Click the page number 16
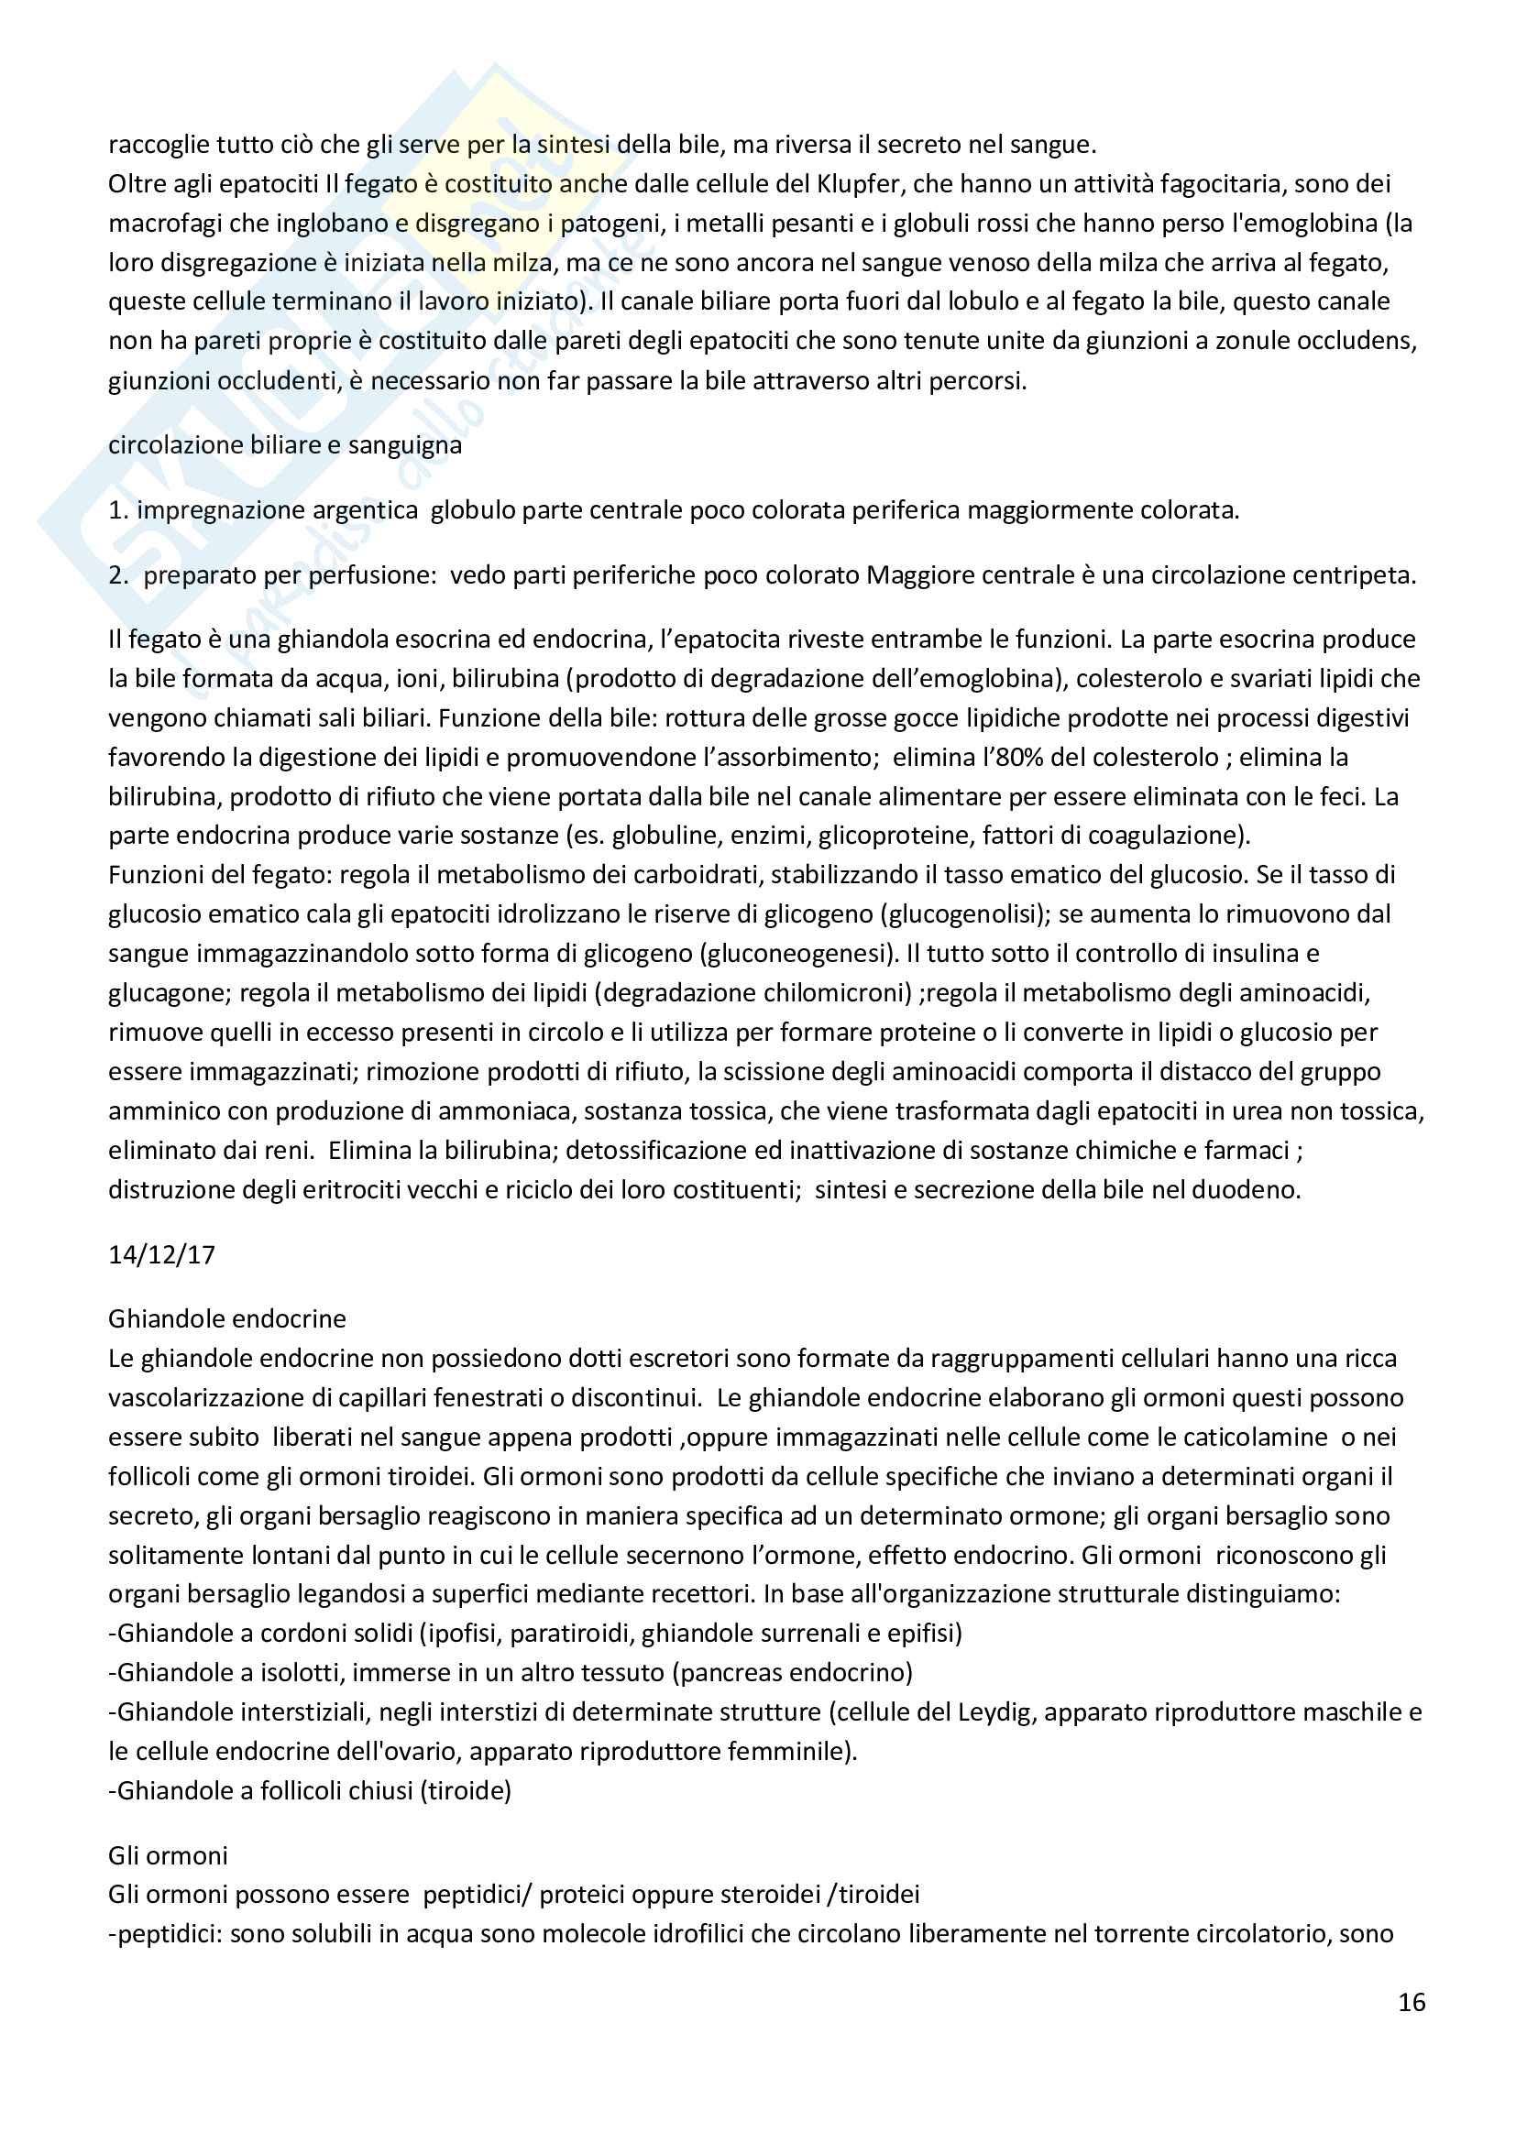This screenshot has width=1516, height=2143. coord(1412,2003)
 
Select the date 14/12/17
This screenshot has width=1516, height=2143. coord(161,1254)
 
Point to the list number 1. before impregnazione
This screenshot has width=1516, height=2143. coord(117,510)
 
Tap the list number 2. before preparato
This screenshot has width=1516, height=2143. coord(118,575)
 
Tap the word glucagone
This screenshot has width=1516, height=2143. coord(166,993)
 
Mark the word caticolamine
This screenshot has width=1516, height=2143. coord(1242,1438)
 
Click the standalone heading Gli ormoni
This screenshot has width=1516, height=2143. coord(168,1854)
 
